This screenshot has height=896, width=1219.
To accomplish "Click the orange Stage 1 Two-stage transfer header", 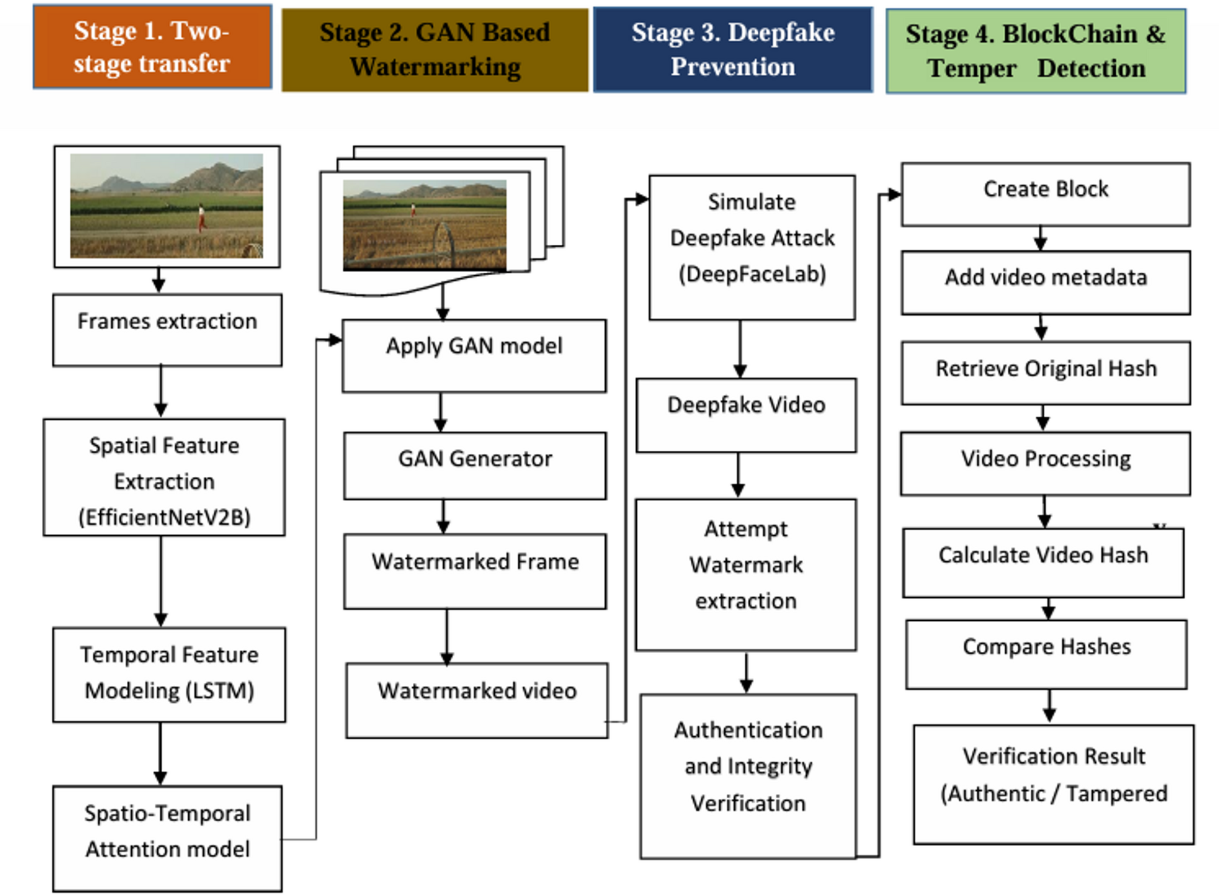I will (152, 47).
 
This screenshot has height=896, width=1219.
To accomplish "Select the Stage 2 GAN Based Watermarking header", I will (435, 50).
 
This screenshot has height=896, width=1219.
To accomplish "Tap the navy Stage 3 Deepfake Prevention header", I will (733, 50).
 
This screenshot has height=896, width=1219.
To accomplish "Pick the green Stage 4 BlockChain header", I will (1035, 51).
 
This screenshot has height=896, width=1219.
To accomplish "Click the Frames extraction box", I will (167, 330).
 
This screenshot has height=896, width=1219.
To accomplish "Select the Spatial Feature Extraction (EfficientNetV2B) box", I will (164, 477).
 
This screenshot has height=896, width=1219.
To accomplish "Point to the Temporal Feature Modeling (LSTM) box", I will (169, 674).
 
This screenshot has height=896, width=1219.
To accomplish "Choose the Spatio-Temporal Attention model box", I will (167, 838).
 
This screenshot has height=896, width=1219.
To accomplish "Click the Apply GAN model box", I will (474, 356).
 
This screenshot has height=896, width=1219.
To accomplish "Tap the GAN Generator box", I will (475, 466).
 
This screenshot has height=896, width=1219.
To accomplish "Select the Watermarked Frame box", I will (475, 571).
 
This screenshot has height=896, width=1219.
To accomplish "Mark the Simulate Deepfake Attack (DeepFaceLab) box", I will (752, 247).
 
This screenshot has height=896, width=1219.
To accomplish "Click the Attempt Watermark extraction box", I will (746, 574).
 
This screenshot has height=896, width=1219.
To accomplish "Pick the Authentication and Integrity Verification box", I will (748, 776).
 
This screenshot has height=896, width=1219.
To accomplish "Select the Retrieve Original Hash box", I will (1045, 373).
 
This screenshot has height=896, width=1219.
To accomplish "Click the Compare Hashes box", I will (1046, 654).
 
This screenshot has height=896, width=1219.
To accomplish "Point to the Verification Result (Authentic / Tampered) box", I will (1053, 784).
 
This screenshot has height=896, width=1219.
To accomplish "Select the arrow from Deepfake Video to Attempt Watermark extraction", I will (738, 475).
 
